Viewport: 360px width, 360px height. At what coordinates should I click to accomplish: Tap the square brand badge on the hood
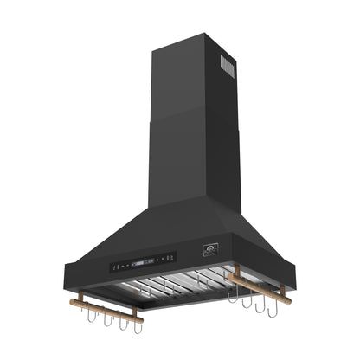point(209,252)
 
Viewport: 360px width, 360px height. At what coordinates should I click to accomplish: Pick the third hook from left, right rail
point(261,303)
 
